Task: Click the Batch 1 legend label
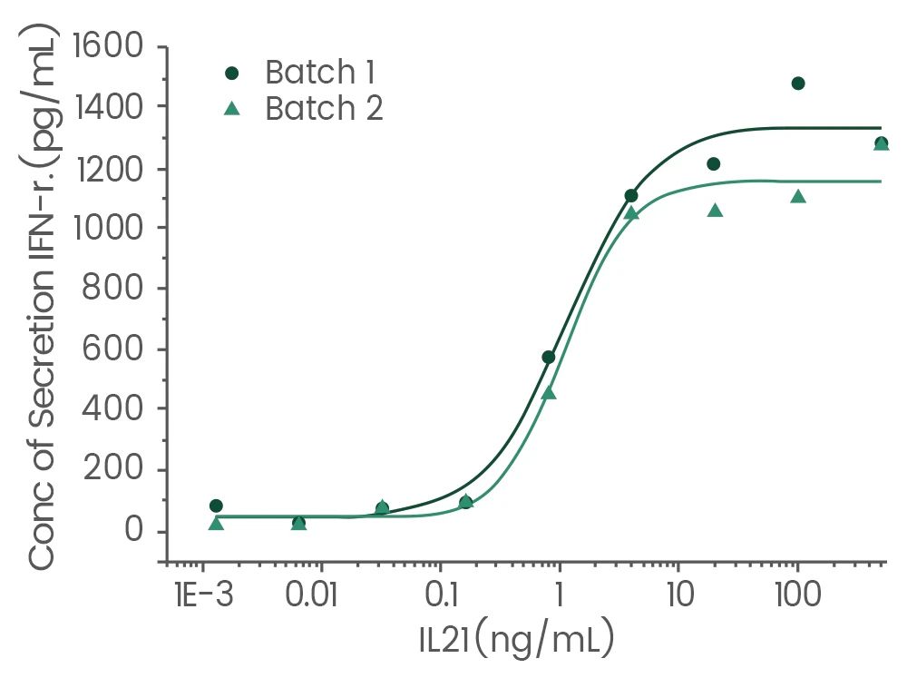[x=319, y=72]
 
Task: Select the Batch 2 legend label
[x=323, y=109]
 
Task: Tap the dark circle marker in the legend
[x=231, y=72]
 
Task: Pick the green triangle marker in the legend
[x=231, y=109]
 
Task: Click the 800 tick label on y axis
[x=123, y=289]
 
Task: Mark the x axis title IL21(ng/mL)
[x=517, y=641]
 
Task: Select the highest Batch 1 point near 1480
[x=798, y=84]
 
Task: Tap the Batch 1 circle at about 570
[x=548, y=357]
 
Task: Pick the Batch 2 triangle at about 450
[x=548, y=393]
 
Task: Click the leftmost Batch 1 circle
[x=216, y=506]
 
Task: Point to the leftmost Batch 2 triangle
[x=216, y=524]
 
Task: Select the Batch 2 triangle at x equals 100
[x=798, y=196]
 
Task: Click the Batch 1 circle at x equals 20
[x=714, y=164]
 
